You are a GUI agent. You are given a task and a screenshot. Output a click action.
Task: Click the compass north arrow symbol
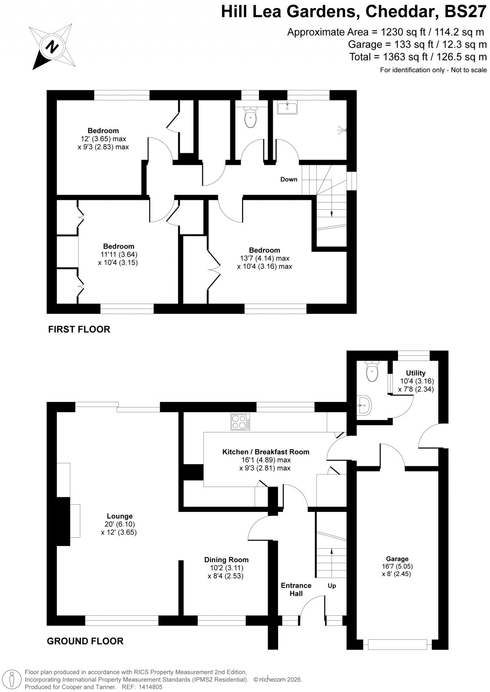tap(52, 47)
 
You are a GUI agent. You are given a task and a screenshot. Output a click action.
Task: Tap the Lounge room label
tap(120, 516)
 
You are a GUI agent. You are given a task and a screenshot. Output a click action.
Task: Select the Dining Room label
tap(226, 559)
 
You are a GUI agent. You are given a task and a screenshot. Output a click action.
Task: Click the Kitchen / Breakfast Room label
tap(266, 452)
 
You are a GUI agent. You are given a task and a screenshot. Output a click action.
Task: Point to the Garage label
tap(397, 558)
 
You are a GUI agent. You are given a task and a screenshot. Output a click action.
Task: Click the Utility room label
tap(415, 373)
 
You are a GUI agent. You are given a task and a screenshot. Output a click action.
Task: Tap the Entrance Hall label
tap(296, 590)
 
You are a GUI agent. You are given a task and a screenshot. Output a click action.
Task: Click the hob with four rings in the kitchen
tap(241, 422)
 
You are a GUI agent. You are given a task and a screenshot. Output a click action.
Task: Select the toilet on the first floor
tap(250, 118)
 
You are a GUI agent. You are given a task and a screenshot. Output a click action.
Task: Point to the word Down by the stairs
tap(289, 180)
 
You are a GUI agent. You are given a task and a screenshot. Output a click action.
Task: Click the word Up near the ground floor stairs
tap(332, 586)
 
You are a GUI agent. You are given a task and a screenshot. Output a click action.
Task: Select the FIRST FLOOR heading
tap(78, 329)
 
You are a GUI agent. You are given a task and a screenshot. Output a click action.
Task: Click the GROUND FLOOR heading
tap(85, 641)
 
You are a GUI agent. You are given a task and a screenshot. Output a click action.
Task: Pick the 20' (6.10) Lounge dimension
tap(120, 524)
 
